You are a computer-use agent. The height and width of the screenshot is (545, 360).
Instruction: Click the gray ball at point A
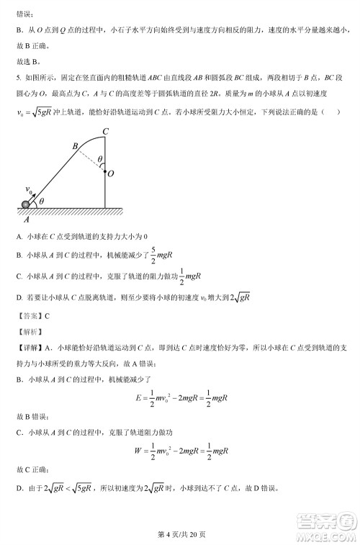pyautogui.click(x=27, y=204)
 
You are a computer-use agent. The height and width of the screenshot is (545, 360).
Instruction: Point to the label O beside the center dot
pyautogui.click(x=110, y=173)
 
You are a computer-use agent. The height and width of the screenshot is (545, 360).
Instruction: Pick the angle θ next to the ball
pyautogui.click(x=42, y=202)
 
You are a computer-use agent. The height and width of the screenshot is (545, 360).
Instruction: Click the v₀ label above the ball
pyautogui.click(x=30, y=189)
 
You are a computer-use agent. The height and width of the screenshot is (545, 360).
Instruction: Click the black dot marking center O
pyautogui.click(x=104, y=172)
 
